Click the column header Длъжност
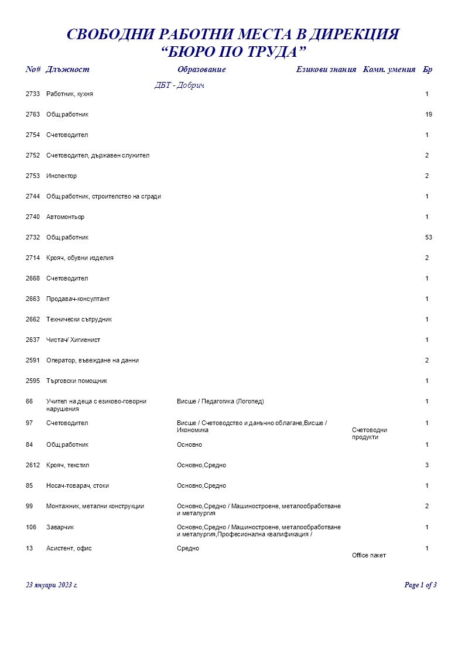tap(67, 70)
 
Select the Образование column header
tap(201, 70)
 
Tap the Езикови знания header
tap(326, 70)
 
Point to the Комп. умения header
tap(389, 70)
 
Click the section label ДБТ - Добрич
tap(179, 85)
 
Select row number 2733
tap(33, 94)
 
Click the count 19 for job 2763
tap(429, 115)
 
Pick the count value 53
tap(429, 238)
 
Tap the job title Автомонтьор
tap(65, 217)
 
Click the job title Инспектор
tap(61, 176)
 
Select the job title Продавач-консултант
tap(78, 299)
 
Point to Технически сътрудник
tap(79, 320)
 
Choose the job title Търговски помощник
tap(77, 381)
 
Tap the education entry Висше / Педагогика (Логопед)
tap(220, 402)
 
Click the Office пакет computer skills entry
tap(369, 556)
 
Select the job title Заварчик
tap(60, 528)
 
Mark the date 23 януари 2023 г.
tap(52, 585)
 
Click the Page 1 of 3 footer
tap(420, 585)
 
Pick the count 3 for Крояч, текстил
tap(428, 466)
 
